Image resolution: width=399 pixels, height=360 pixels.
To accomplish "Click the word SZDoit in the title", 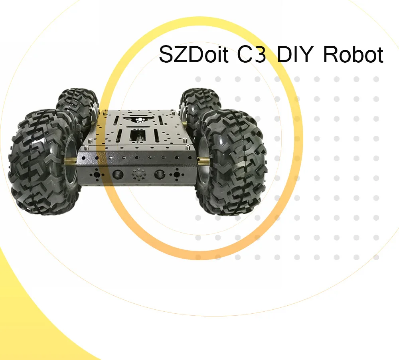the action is [194, 54].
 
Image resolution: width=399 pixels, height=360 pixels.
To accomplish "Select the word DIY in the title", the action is [294, 54].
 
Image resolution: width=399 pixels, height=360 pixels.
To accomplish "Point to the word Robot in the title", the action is [354, 54].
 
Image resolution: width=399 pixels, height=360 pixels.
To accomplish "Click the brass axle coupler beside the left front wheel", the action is [71, 161].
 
